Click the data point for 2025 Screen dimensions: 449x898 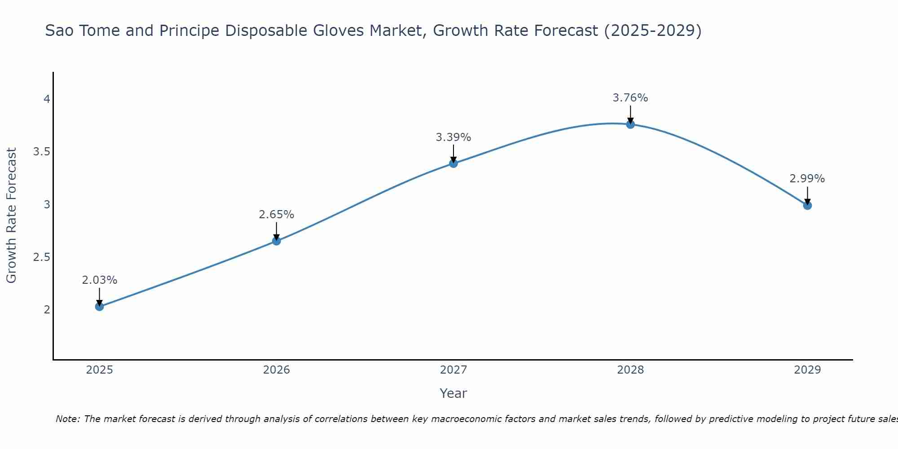[99, 307]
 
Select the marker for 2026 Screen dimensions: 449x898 [276, 241]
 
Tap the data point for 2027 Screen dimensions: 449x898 [453, 163]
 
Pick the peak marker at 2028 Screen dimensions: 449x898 [630, 124]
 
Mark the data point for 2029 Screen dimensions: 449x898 [807, 206]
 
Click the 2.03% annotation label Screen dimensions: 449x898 [99, 280]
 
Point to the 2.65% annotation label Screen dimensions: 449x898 [276, 215]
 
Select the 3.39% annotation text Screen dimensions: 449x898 [453, 137]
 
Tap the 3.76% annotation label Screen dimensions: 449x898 [630, 98]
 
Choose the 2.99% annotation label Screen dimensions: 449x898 [807, 179]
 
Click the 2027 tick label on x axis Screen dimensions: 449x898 [453, 370]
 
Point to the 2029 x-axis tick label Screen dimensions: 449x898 [807, 370]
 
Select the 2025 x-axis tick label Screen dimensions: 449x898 [99, 370]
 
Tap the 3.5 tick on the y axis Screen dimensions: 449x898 [41, 152]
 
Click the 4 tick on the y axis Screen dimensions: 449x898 [47, 99]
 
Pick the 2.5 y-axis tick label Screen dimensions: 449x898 [41, 257]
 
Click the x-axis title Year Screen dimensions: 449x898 [453, 393]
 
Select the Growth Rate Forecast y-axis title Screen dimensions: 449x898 [11, 216]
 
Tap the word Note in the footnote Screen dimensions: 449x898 [67, 419]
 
